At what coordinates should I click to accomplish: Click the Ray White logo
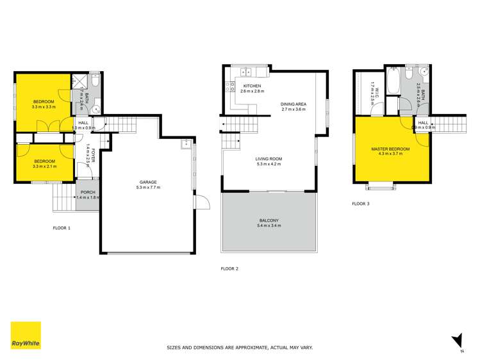(26, 336)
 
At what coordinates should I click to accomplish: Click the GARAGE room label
(147, 181)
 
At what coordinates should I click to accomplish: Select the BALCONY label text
(269, 220)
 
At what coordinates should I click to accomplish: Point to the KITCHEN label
(251, 86)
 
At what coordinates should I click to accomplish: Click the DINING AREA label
(295, 104)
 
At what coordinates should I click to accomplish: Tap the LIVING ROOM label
(269, 159)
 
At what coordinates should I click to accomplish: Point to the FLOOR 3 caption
(361, 204)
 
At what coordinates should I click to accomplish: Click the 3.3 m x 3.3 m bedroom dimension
(44, 107)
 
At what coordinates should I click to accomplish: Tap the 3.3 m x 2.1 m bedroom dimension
(44, 167)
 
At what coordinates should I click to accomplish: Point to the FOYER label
(94, 156)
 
